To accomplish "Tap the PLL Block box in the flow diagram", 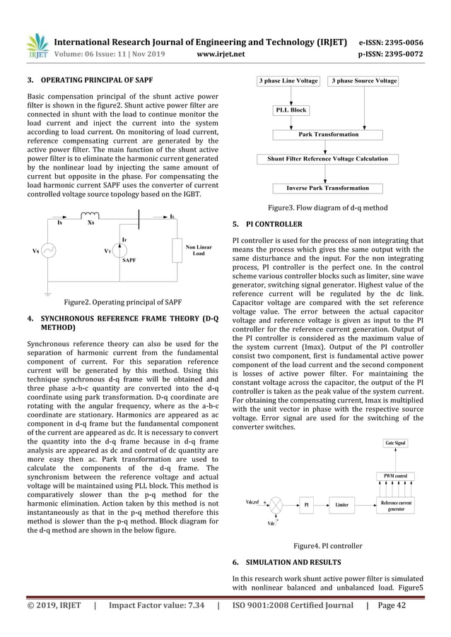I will point(291,111).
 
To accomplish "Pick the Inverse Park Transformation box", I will point(327,189).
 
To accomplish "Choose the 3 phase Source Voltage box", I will point(364,82).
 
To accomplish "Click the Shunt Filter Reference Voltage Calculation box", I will point(327,159).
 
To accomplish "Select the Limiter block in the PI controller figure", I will point(342,505).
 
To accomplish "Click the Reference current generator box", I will point(396,505).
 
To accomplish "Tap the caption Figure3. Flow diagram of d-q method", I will point(327,208).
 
